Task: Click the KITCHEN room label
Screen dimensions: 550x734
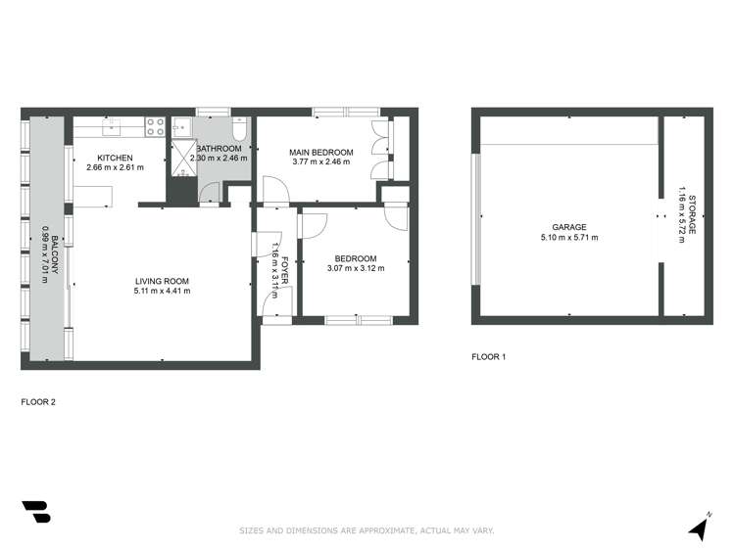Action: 115,158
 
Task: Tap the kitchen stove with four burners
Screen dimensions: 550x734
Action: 155,125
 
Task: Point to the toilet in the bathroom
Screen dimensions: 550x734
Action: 239,132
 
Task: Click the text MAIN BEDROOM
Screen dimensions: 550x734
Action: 316,152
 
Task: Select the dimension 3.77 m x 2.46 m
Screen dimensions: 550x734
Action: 316,162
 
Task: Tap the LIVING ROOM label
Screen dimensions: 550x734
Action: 162,280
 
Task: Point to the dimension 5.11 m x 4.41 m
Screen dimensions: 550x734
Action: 162,291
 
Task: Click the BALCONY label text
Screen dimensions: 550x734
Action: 55,253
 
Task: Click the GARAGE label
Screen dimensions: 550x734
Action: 568,227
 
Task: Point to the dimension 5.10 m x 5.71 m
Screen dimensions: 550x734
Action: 568,238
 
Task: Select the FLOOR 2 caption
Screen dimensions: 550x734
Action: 38,401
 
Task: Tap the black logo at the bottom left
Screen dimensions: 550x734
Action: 35,514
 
